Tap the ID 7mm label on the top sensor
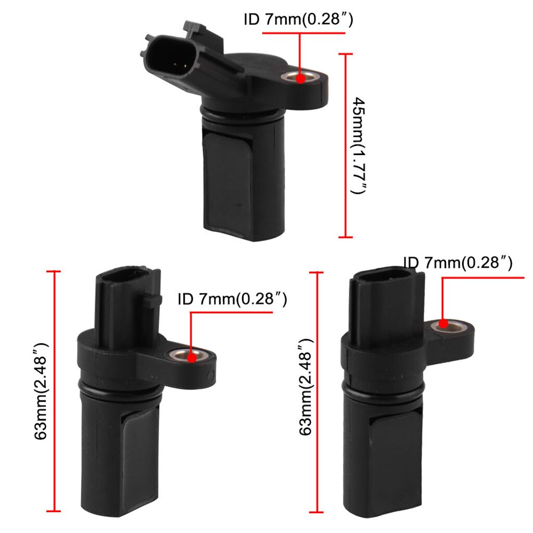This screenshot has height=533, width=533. [299, 20]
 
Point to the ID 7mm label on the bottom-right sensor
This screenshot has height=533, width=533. [458, 263]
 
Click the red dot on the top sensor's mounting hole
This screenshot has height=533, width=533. [300, 79]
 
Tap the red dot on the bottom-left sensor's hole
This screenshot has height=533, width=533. [192, 358]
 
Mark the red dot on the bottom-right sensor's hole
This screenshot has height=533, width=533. [443, 324]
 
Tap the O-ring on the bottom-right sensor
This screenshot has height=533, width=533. [385, 391]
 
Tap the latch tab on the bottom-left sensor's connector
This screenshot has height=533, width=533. [153, 300]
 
